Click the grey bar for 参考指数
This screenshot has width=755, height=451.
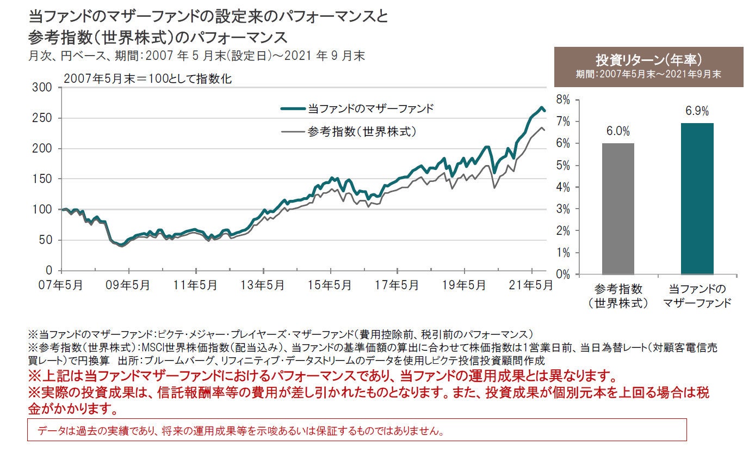coord(618,209)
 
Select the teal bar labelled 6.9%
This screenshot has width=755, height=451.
coord(697,199)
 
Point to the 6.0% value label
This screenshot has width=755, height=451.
coord(618,131)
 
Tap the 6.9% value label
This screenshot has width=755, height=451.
coord(697,111)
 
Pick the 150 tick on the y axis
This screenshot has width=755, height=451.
coord(45,179)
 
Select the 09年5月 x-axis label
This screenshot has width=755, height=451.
coord(129,285)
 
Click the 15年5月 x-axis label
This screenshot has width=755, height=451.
coord(330,285)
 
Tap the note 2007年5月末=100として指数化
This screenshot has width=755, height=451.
coord(147,78)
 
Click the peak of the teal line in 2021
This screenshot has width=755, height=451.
coord(542,107)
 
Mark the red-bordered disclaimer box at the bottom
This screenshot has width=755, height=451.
coord(357,430)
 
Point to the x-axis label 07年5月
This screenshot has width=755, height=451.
coord(61,285)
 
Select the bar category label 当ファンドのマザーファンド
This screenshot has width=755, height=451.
coord(697,296)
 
